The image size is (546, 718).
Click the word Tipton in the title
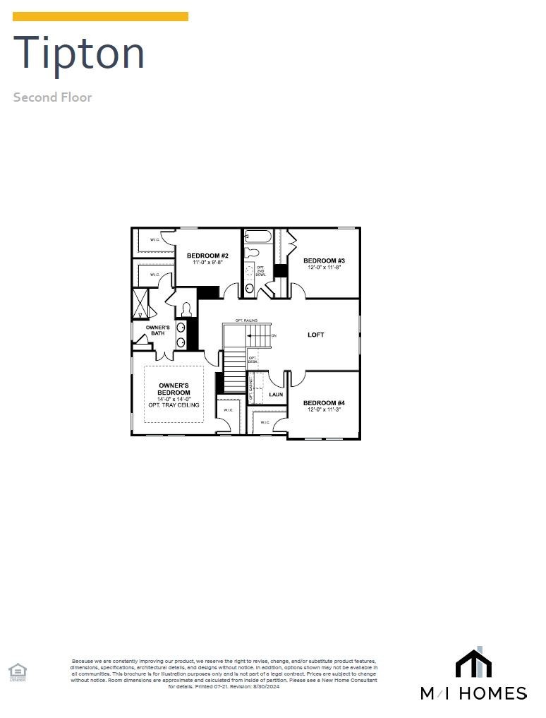79,53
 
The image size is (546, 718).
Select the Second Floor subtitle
52,97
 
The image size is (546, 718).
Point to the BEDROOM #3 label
324,261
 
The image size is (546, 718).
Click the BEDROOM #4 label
324,403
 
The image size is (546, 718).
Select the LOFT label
316,335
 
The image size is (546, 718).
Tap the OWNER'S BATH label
157,330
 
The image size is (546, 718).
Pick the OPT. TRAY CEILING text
174,405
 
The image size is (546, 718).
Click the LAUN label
276,394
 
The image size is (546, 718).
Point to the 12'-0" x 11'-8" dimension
324,268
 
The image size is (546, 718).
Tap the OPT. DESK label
253,360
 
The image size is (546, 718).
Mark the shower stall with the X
140,303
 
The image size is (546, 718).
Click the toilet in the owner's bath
187,309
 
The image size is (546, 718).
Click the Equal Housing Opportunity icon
17,671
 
